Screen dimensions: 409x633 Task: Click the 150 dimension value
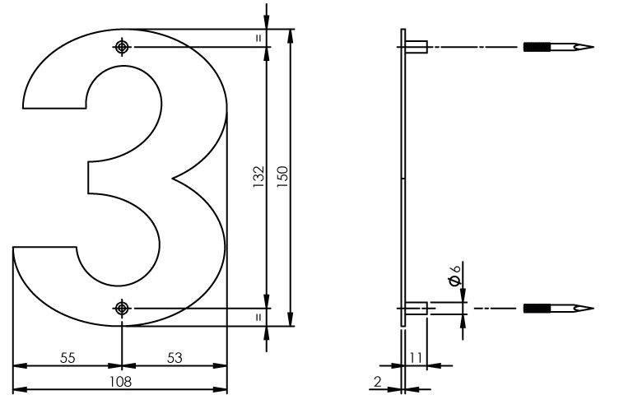(x=282, y=175)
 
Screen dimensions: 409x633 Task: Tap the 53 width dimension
(x=175, y=357)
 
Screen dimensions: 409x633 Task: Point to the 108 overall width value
(x=122, y=381)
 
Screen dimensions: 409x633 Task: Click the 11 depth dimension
(x=415, y=357)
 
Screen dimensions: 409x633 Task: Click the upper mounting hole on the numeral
(x=123, y=48)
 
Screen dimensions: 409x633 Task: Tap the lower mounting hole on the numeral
(x=123, y=309)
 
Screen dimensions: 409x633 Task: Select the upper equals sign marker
(x=258, y=38)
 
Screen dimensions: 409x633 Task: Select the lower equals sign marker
(x=258, y=316)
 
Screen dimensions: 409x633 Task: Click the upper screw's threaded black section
(x=539, y=47)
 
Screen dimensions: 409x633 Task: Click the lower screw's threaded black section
(x=539, y=309)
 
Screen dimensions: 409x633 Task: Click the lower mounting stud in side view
(x=416, y=309)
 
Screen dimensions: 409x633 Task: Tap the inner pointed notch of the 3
(x=174, y=177)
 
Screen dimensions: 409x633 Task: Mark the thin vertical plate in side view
(x=403, y=177)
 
